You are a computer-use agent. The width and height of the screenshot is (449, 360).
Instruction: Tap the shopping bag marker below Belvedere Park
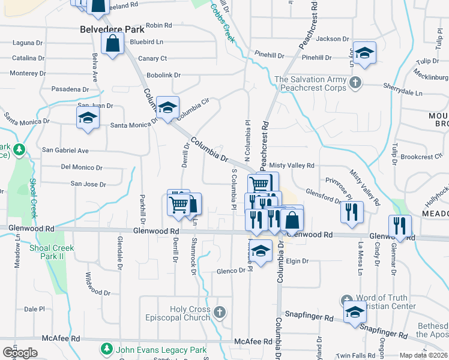pos(112,43)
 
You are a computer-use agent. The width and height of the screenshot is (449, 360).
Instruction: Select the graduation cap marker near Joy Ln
pos(364,53)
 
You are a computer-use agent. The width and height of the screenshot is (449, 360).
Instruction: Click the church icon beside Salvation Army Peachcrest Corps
pos(355,82)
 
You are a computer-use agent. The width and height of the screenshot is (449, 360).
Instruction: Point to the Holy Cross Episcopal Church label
pos(190,313)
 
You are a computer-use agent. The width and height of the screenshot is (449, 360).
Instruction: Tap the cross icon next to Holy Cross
pos(220,311)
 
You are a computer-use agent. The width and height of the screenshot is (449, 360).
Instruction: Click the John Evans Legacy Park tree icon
pos(106,349)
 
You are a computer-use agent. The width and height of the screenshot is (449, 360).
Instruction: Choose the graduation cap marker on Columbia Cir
pos(167,107)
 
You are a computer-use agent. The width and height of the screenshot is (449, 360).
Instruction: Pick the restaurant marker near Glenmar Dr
pos(400,226)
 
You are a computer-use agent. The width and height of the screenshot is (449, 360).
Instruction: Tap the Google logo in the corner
pos(20,353)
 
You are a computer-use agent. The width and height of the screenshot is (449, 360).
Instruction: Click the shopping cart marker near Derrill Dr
pos(178,203)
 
